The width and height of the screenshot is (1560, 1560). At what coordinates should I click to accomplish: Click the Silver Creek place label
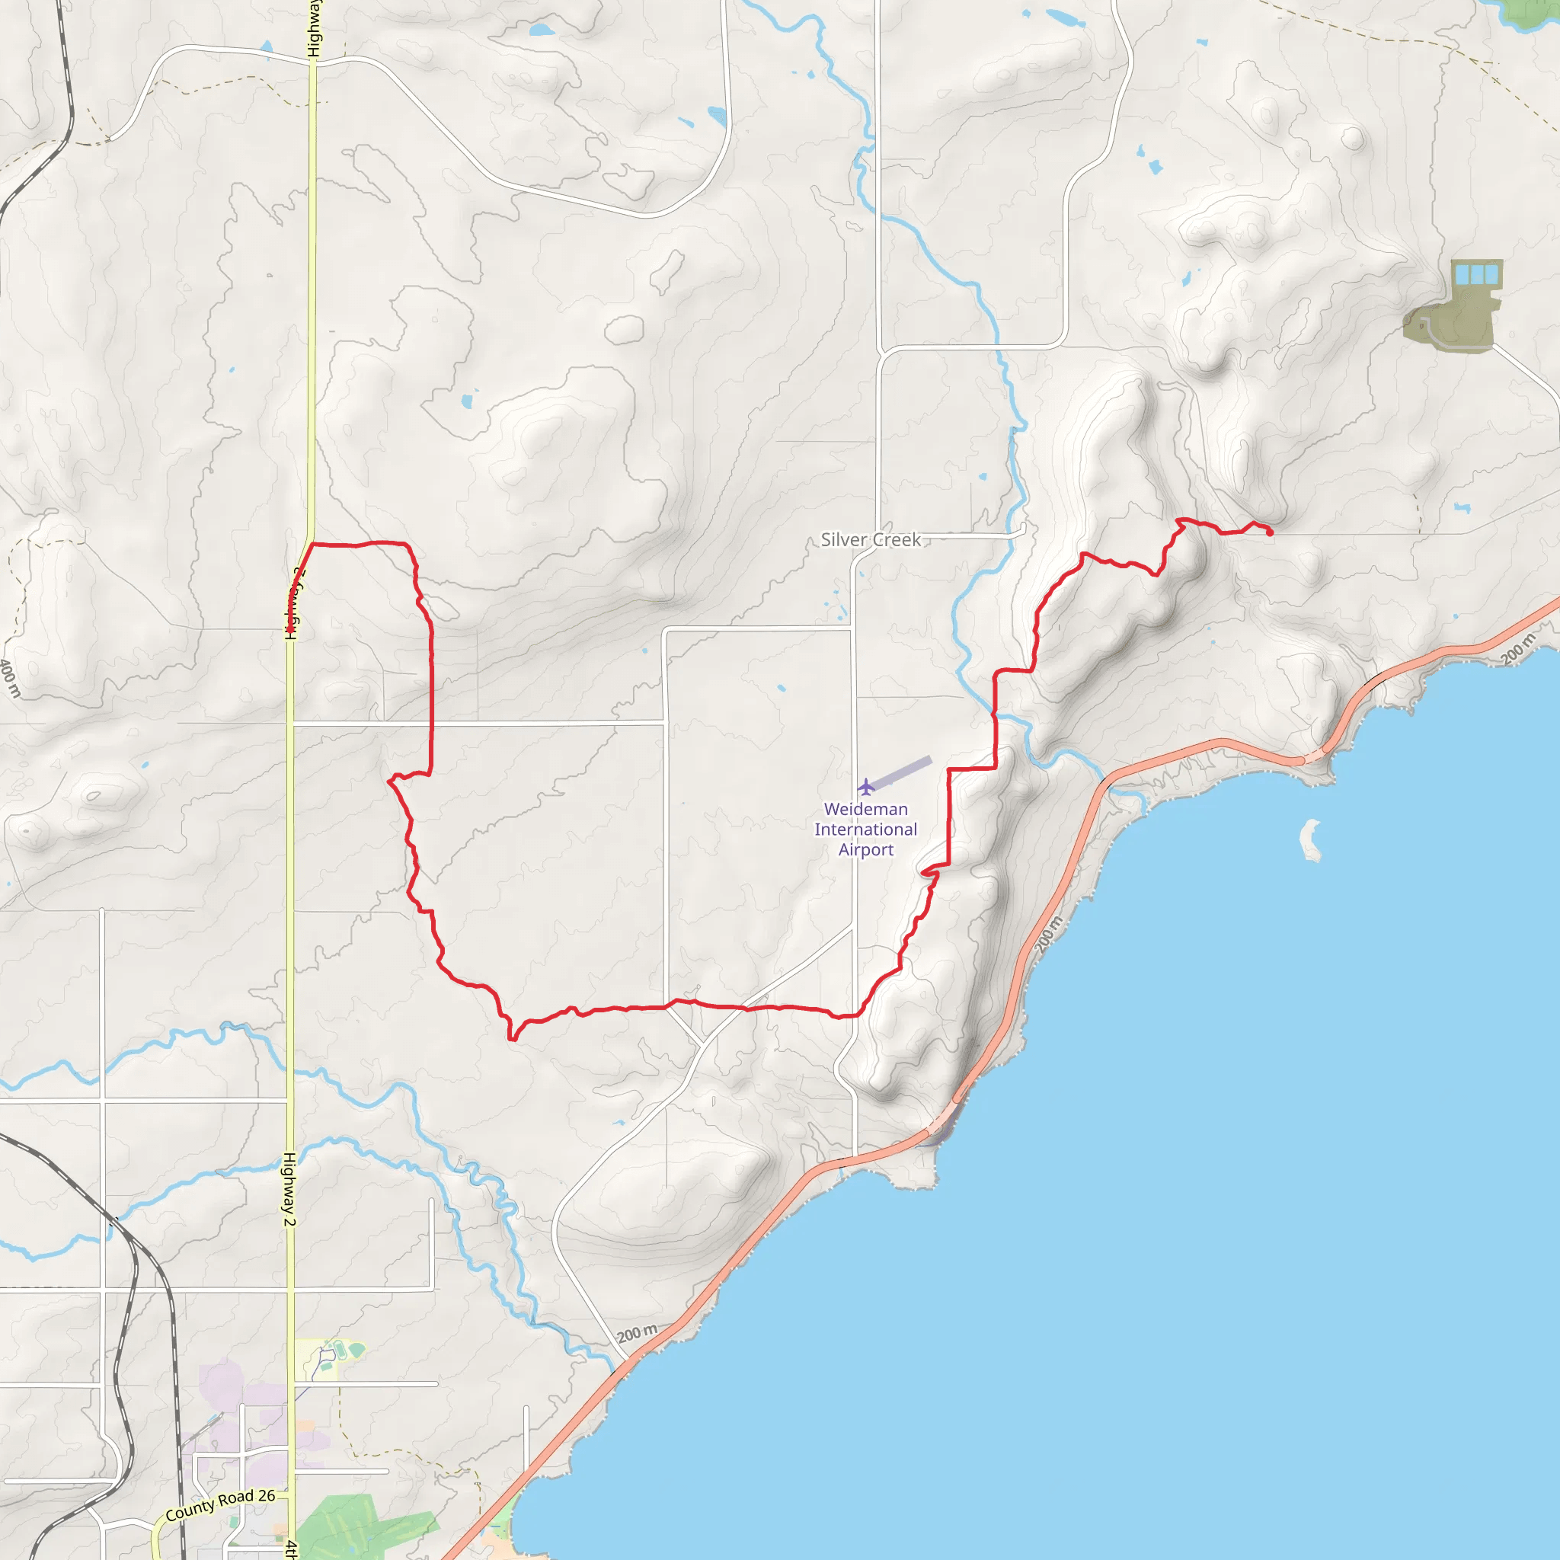pos(871,539)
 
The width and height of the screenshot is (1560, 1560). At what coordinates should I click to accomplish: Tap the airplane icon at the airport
pos(865,785)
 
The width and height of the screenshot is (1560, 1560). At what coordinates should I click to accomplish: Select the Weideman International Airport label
pos(865,830)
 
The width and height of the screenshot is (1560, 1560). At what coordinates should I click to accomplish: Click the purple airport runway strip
pos(903,772)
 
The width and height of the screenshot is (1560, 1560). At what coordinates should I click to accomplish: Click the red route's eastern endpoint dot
pos(1269,532)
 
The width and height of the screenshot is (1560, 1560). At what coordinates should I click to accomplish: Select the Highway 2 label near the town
pos(289,1188)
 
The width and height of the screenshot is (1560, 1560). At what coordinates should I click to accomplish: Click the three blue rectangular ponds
pos(1476,274)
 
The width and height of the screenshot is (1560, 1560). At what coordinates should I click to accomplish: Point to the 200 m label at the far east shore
pos(1519,649)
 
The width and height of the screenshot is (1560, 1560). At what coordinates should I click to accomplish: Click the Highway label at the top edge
pos(314,28)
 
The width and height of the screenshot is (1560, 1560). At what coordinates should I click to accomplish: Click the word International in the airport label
pos(865,830)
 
